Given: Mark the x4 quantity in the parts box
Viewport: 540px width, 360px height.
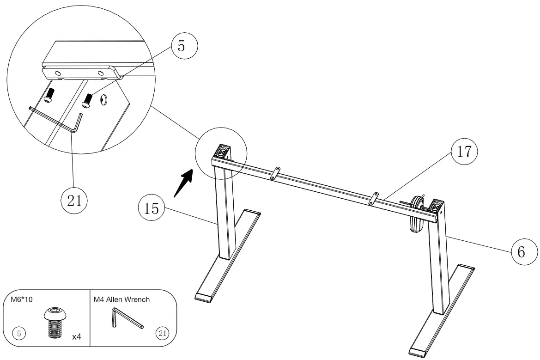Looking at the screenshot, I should (77, 337).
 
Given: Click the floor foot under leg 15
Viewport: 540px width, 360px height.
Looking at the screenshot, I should (228, 256).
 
